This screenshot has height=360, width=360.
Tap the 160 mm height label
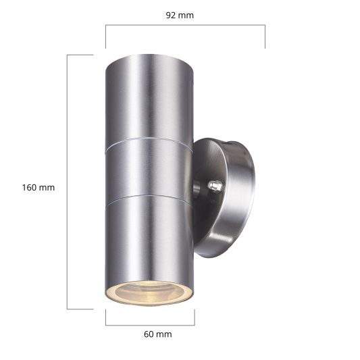[x=38, y=188]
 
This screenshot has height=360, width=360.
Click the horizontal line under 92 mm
[x=184, y=26]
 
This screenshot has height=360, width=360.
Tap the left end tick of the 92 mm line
[x=105, y=36]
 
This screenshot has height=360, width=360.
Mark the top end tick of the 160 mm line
[x=80, y=55]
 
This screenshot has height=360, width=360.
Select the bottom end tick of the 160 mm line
[x=80, y=309]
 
